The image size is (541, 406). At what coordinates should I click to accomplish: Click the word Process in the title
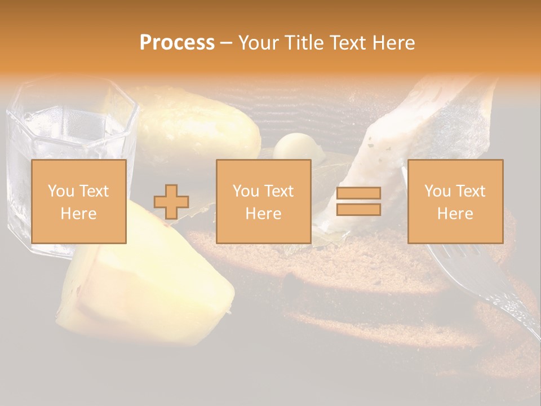click(177, 43)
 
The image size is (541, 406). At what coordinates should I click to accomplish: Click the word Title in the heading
click(304, 43)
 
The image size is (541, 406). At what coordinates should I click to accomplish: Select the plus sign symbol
click(171, 202)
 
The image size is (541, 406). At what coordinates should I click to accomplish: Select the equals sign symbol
click(358, 201)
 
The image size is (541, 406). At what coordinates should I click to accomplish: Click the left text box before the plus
click(78, 201)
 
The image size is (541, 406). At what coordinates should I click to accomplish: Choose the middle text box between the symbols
click(263, 201)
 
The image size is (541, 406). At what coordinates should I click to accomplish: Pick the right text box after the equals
click(455, 201)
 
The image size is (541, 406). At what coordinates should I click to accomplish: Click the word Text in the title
click(352, 43)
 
